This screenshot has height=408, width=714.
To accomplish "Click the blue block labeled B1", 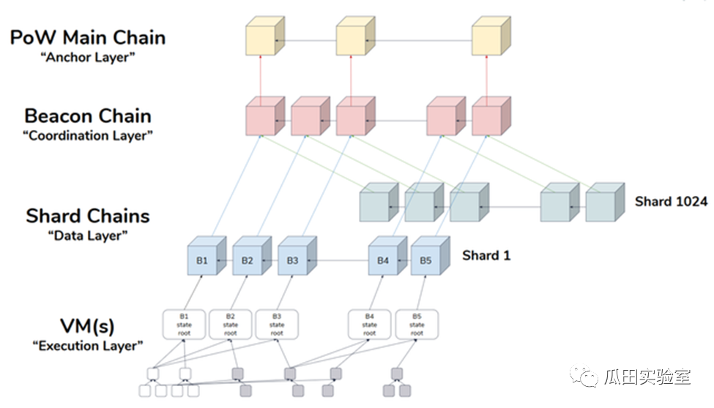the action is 207,256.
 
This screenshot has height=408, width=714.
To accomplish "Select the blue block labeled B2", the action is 252,256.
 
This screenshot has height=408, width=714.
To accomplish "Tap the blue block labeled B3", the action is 297,256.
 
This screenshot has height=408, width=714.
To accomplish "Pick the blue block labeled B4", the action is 387,256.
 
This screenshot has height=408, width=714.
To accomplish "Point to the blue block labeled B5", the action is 431,256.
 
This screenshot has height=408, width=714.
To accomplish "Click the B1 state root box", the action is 184,325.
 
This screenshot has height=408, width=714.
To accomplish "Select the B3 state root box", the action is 277,325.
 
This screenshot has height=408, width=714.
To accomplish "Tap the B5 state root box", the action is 417,325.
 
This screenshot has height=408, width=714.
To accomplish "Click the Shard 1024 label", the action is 672,202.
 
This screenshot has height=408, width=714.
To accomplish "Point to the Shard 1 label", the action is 486,256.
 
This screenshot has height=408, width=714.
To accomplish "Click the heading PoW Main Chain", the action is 88,38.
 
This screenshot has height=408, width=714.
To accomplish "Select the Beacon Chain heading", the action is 88,116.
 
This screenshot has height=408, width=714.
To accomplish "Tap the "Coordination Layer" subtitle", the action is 88,135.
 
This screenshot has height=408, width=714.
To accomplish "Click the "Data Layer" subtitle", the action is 88,235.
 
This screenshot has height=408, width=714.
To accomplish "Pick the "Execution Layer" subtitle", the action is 88,346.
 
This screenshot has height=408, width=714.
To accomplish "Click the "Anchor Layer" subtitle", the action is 88,57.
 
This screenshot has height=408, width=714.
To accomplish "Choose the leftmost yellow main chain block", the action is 265,36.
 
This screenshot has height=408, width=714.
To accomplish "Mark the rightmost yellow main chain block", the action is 491,36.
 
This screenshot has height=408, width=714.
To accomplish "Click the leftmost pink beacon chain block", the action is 265,116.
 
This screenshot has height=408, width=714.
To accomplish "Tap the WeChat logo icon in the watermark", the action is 584,376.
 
